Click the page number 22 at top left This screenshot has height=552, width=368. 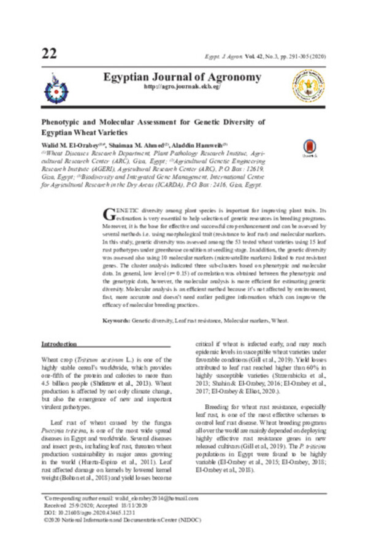[49, 53]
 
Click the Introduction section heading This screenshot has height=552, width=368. [59, 344]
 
